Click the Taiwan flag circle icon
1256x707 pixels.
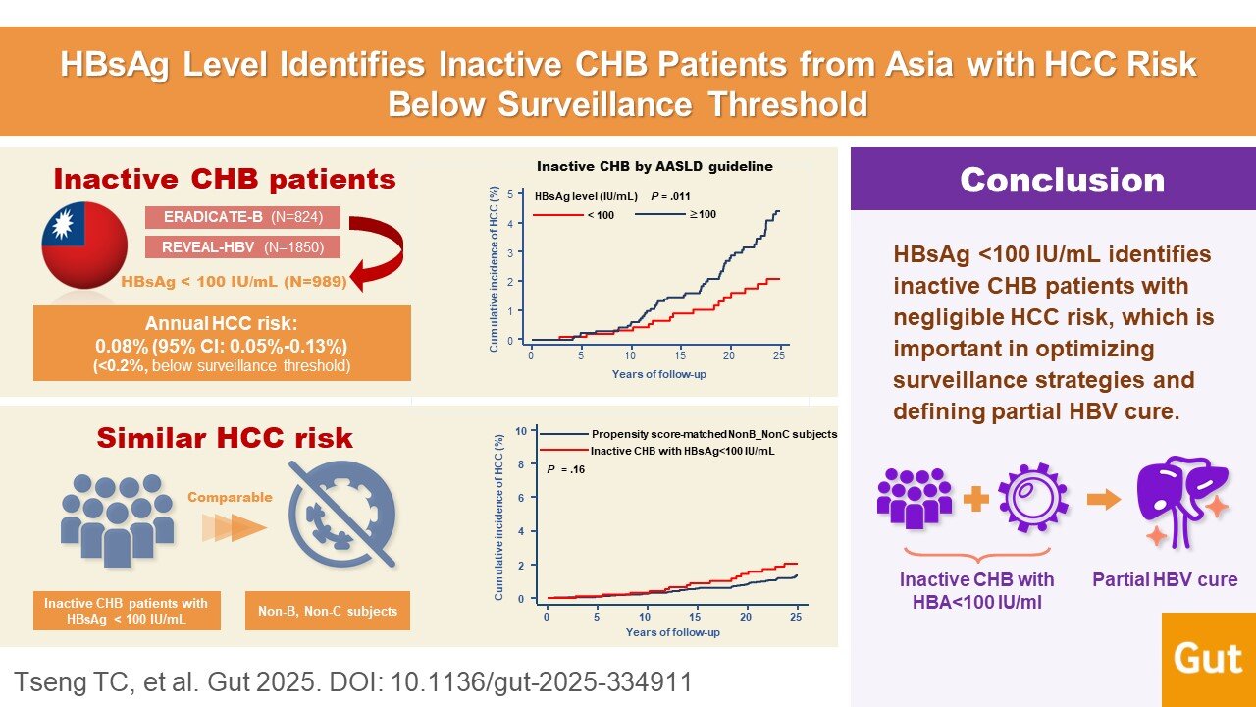(84, 246)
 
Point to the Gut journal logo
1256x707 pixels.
(1208, 659)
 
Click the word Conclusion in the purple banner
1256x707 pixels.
(1062, 180)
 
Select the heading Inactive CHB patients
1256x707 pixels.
(225, 179)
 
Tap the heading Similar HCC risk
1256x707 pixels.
(224, 437)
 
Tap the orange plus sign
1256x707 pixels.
(976, 500)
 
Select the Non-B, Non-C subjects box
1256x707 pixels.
(327, 611)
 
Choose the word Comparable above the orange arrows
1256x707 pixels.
(231, 497)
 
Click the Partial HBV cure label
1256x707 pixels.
(1165, 579)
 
